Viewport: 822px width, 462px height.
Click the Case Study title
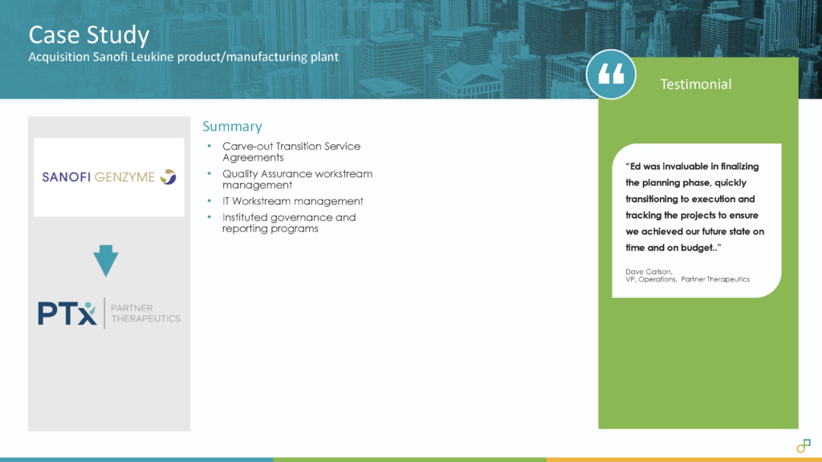point(88,35)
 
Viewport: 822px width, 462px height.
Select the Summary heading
point(232,127)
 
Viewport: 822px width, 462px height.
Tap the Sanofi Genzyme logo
point(109,176)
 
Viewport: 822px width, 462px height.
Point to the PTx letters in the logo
point(67,313)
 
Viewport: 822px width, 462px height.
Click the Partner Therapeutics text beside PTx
point(146,313)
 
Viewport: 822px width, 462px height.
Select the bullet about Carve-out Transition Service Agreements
point(291,152)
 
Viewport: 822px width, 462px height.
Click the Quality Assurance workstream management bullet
point(297,179)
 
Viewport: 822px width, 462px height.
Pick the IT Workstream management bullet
point(292,201)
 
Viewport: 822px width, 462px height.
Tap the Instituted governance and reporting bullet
point(289,223)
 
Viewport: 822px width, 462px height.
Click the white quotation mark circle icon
point(611,75)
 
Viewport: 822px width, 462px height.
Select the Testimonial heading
point(695,84)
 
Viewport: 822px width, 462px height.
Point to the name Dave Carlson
point(649,271)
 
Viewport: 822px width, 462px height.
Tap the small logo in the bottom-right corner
point(803,446)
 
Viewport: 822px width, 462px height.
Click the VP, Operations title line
point(687,279)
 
